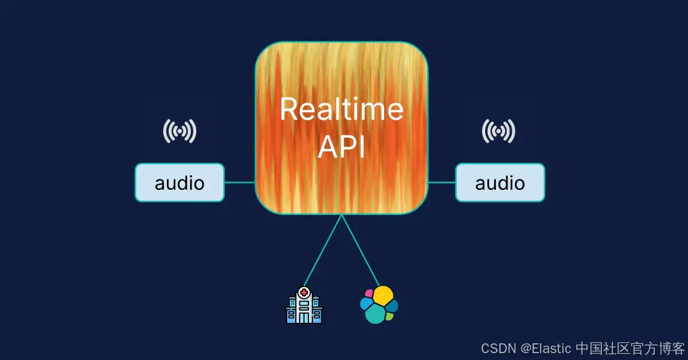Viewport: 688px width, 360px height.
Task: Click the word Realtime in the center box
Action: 342,109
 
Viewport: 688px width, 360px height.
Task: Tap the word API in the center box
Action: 342,147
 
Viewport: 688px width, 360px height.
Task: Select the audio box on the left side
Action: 179,183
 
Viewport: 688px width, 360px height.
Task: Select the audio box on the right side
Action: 500,183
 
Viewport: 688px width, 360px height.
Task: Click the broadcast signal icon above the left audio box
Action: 179,131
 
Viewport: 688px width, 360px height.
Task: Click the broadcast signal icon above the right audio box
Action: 498,131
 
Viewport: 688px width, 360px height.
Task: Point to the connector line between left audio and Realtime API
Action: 240,183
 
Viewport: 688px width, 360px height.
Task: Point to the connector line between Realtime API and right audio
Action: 442,183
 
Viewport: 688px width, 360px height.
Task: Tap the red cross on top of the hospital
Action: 303,292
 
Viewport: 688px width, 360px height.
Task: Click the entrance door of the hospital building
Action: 303,317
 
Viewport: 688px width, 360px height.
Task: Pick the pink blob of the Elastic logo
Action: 369,294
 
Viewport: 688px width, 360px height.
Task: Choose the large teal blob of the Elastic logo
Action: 375,314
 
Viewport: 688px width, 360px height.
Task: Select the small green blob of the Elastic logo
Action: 390,316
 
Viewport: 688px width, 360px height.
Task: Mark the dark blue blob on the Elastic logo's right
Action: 393,306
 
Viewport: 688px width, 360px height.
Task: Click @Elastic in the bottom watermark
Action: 546,348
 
